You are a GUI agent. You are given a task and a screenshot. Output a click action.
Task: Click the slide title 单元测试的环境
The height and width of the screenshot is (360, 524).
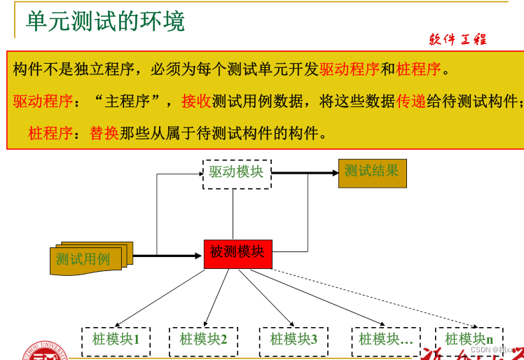click(x=105, y=21)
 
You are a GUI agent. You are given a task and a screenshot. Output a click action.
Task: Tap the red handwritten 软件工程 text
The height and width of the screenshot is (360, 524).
click(x=457, y=40)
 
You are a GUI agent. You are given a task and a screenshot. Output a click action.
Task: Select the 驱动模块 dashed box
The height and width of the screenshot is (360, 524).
click(x=236, y=172)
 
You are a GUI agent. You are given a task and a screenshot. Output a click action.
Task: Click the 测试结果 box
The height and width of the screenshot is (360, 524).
click(x=371, y=172)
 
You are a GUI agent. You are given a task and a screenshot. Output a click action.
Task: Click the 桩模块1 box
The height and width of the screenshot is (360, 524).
click(x=116, y=340)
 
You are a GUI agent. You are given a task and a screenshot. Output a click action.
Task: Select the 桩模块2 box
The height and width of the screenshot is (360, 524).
click(x=203, y=340)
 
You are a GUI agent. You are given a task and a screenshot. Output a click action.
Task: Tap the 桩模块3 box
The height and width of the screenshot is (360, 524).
click(x=294, y=340)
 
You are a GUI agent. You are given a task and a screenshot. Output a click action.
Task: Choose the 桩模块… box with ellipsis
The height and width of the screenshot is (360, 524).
click(x=385, y=340)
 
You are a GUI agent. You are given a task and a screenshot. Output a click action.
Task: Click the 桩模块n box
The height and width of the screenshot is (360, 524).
click(x=469, y=340)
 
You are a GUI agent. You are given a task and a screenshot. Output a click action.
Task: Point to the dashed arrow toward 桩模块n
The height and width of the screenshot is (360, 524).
click(x=378, y=297)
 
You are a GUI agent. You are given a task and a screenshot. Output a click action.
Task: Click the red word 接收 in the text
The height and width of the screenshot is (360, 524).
click(x=196, y=101)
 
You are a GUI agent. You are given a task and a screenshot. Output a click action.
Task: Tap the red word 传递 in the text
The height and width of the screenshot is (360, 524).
click(x=411, y=101)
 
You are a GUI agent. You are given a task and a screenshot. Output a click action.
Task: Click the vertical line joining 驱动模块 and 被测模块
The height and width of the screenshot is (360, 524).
click(x=233, y=214)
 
